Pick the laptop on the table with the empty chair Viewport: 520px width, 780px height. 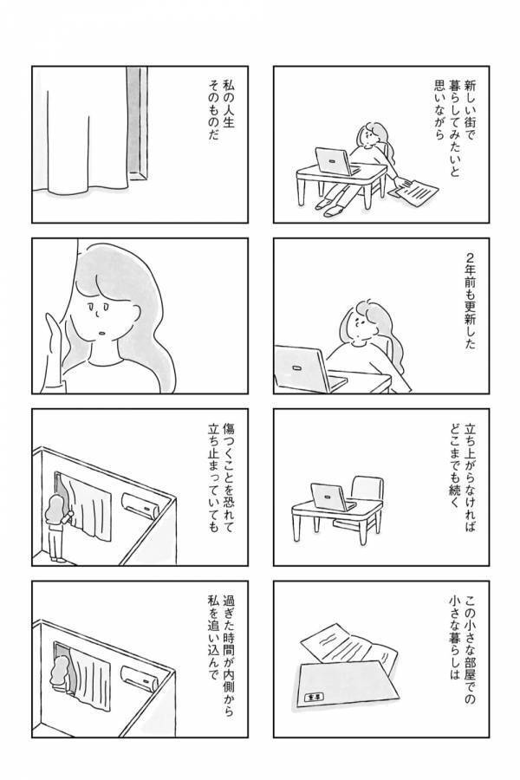330,497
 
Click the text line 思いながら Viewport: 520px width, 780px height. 438,118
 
